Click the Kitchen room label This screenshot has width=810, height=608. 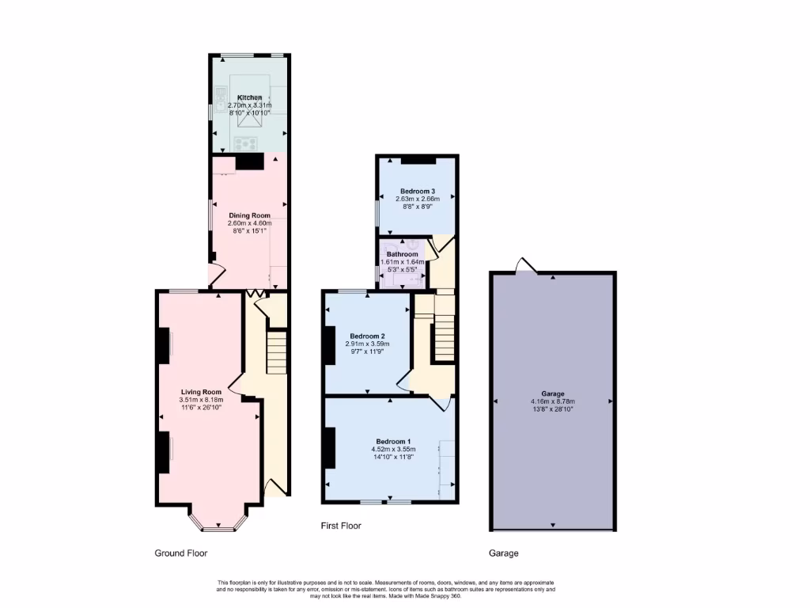pos(249,97)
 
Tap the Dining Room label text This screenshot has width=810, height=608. pos(249,215)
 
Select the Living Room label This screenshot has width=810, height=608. pos(201,392)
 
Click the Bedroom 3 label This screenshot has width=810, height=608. pos(417,191)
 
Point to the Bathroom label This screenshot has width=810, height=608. pos(402,254)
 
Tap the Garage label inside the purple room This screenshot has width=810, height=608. pos(552,393)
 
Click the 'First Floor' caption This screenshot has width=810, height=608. pos(341,526)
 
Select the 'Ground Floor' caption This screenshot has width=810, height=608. pos(180,553)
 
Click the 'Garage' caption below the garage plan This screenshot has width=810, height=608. pos(502,553)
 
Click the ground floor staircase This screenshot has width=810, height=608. pos(276,352)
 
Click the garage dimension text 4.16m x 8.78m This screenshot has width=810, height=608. pos(552,401)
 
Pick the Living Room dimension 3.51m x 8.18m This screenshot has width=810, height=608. pos(201,400)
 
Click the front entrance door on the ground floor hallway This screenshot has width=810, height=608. pos(273,487)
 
